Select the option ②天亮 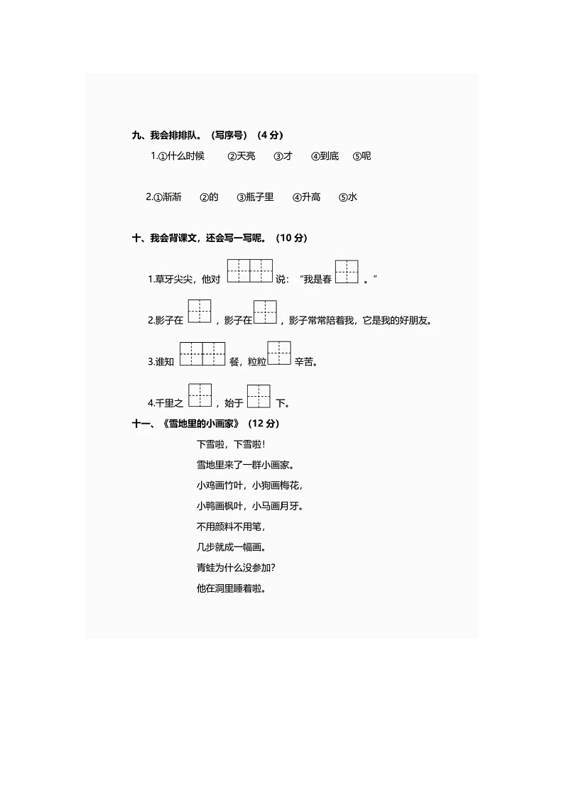point(242,156)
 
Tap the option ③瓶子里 point(255,197)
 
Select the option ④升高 point(306,197)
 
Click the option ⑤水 point(348,197)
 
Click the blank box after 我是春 point(347,272)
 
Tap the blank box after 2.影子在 point(200,312)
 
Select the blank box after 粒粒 point(279,353)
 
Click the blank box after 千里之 point(200,395)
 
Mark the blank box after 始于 point(259,395)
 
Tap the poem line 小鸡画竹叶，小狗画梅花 point(249,486)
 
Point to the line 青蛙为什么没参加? point(236,568)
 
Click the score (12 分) point(264,424)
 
